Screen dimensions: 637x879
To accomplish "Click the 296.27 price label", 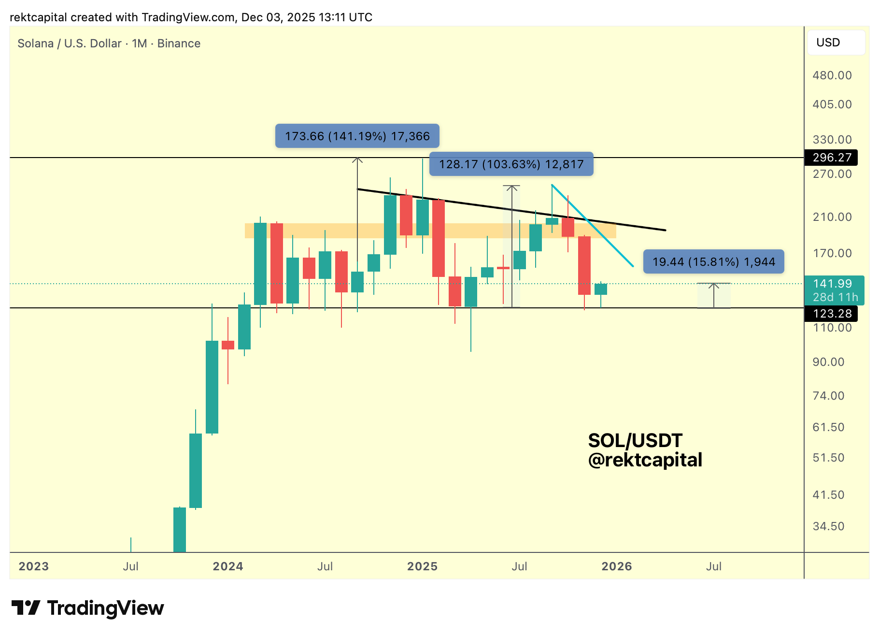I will (831, 158).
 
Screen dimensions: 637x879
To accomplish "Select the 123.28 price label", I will (831, 314).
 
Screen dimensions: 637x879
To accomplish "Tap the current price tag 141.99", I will (832, 284).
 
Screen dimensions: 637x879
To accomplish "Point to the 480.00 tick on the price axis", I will (832, 75).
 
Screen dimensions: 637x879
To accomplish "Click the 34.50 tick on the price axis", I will (828, 526).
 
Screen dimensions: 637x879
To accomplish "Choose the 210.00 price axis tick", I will (832, 217).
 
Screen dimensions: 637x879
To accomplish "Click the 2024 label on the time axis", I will (228, 566).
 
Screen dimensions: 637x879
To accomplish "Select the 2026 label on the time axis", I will (617, 566).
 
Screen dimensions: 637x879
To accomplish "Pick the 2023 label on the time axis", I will (34, 566).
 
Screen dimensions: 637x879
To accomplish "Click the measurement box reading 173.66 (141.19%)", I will (357, 136).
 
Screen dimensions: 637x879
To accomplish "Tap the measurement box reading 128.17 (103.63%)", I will (511, 164).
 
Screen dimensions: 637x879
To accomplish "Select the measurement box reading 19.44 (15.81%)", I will (713, 262).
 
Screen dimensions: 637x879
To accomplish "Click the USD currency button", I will (836, 43).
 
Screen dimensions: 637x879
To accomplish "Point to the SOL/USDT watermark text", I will (635, 440).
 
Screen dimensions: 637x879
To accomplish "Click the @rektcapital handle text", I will (645, 460).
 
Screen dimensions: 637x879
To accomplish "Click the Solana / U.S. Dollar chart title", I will (109, 43).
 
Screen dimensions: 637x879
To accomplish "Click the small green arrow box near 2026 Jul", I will (714, 295).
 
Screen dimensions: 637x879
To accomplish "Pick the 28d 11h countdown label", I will (835, 297).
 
